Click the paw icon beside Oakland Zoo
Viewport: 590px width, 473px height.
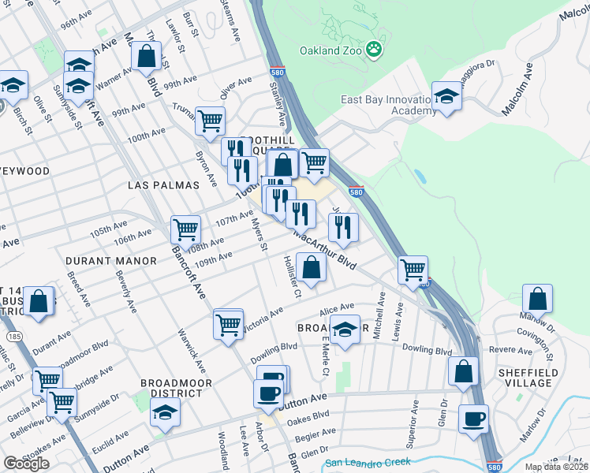pos(374,51)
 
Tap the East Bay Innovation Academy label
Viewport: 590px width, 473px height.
pos(388,105)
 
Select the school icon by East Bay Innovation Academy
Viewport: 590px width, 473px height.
pos(447,96)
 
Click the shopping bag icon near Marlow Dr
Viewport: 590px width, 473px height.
pos(537,300)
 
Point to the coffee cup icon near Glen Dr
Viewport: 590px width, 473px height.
pos(473,419)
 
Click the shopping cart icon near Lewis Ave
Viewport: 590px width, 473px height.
pos(413,270)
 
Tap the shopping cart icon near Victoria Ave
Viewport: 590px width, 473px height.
pos(228,323)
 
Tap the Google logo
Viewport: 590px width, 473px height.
pos(26,464)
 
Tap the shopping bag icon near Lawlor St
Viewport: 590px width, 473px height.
pos(147,56)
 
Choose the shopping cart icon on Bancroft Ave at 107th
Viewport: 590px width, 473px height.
pos(185,229)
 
